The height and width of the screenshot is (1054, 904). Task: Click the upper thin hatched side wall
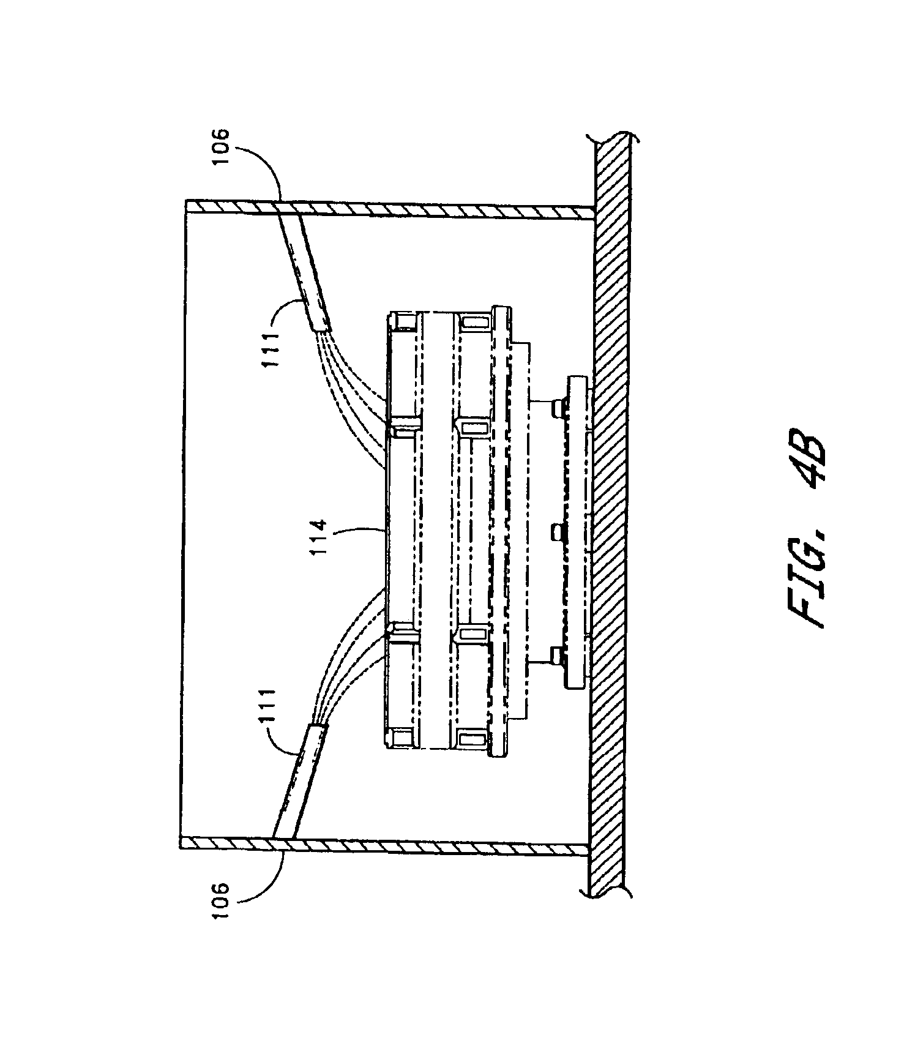(x=392, y=210)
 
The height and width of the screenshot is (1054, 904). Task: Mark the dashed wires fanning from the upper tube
(x=355, y=392)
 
